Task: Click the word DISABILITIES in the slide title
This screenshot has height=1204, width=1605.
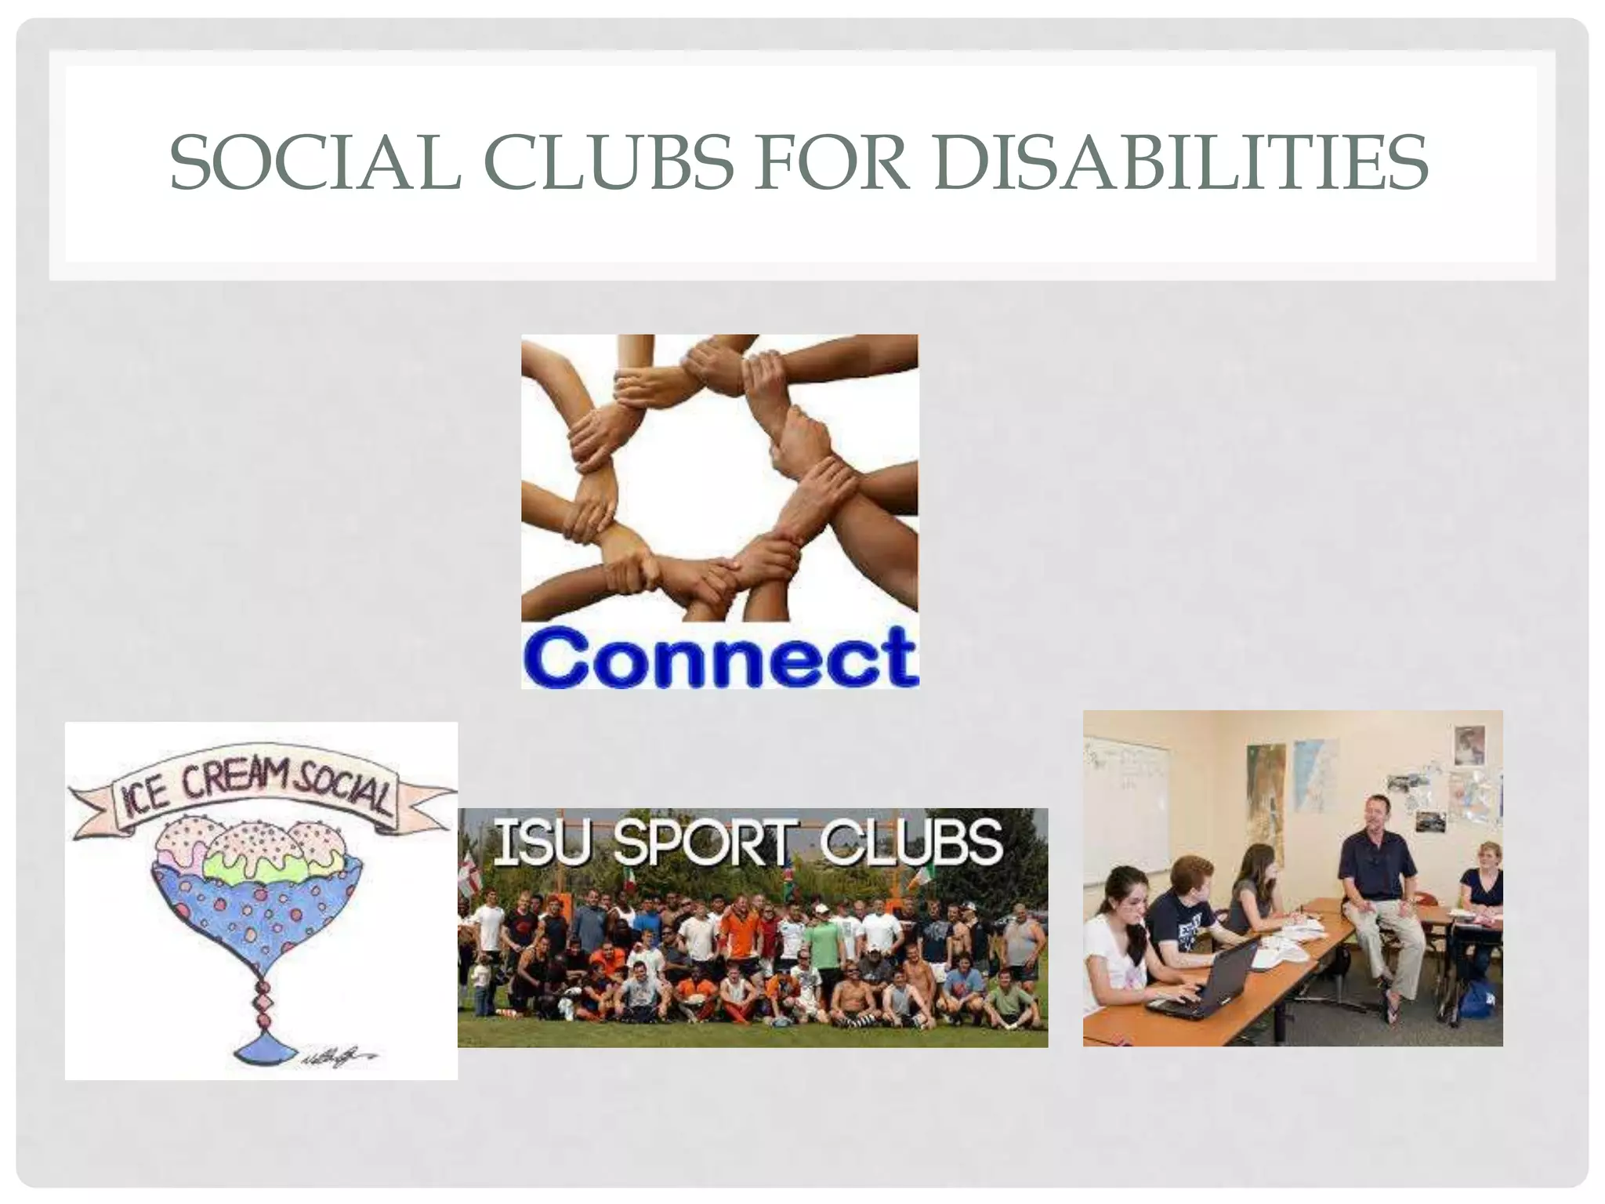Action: [1181, 163]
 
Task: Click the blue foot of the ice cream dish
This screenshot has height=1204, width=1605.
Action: [263, 1050]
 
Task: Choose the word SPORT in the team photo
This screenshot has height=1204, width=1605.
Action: [701, 843]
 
